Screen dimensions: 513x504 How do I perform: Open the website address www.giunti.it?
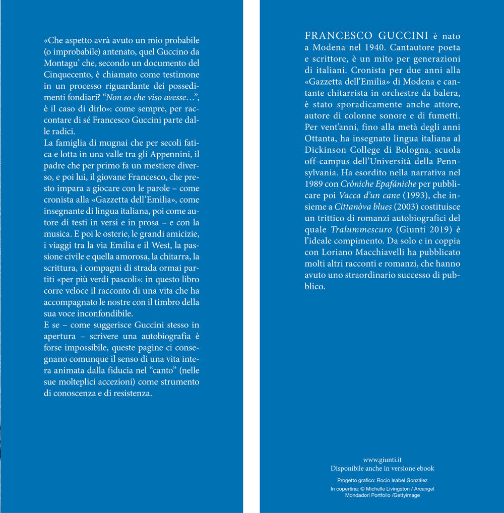point(382,460)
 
